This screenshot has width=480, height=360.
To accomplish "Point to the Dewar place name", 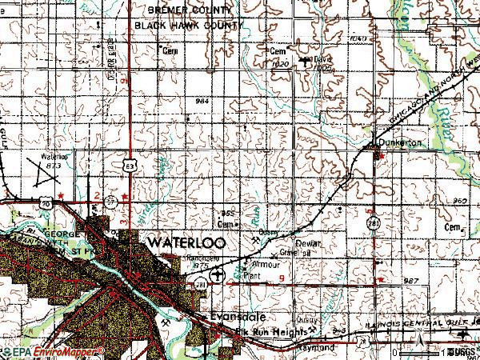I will click(307, 242).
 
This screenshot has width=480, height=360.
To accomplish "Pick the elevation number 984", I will click(201, 101).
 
